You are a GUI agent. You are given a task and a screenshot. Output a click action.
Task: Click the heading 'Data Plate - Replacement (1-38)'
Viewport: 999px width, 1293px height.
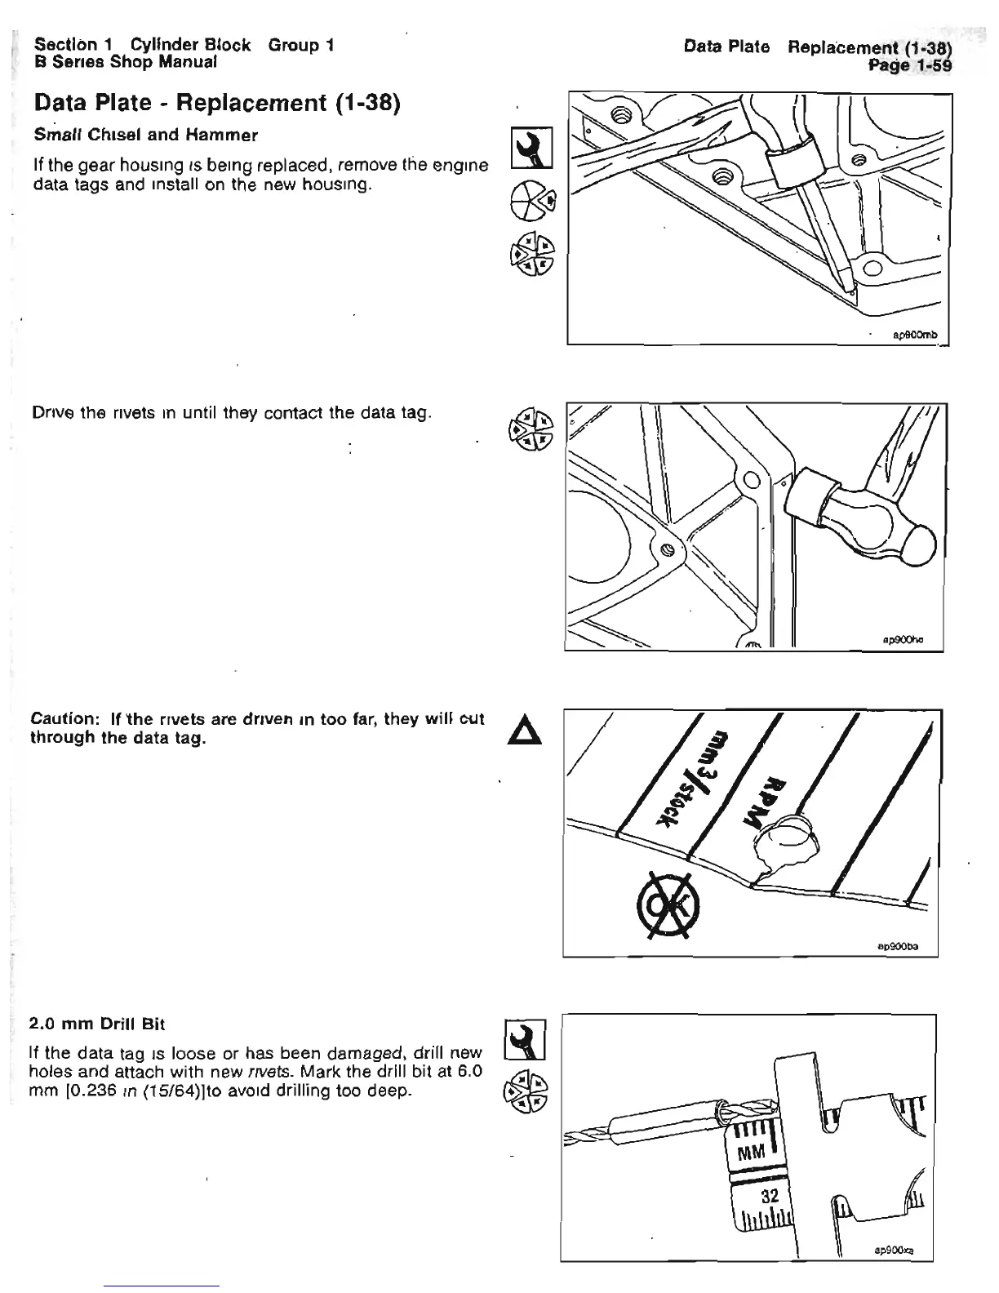[x=215, y=104]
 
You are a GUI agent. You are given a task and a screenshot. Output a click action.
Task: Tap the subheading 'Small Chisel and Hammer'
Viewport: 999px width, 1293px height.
[x=144, y=135]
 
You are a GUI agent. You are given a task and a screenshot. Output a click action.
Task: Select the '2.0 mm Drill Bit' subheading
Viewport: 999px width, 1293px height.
[x=97, y=1023]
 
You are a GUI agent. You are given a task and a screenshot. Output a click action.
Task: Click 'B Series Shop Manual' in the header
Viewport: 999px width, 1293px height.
[x=126, y=61]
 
